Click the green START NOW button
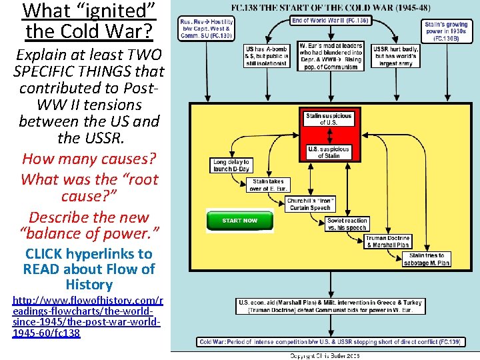pos(240,220)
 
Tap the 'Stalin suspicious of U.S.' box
pos(328,119)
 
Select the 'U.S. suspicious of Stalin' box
pos(328,152)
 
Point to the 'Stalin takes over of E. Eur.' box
pos(268,185)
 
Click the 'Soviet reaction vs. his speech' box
pos(347,225)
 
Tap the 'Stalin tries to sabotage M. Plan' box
pos(427,259)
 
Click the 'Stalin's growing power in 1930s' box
pos(447,31)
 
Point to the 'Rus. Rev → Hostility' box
pos(206,29)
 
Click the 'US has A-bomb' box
pos(267,56)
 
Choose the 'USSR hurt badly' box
pos(396,56)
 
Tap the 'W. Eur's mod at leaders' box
pos(331,56)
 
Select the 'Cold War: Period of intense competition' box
pos(330,342)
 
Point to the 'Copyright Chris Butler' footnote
pos(324,355)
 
